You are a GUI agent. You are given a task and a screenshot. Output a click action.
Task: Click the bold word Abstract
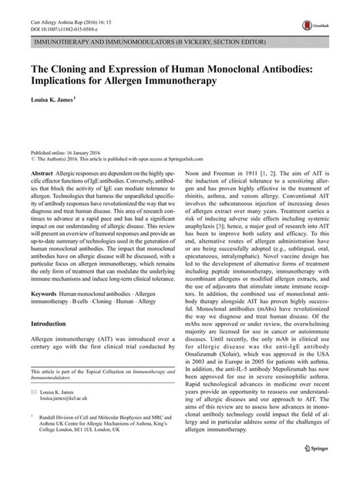(43, 177)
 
